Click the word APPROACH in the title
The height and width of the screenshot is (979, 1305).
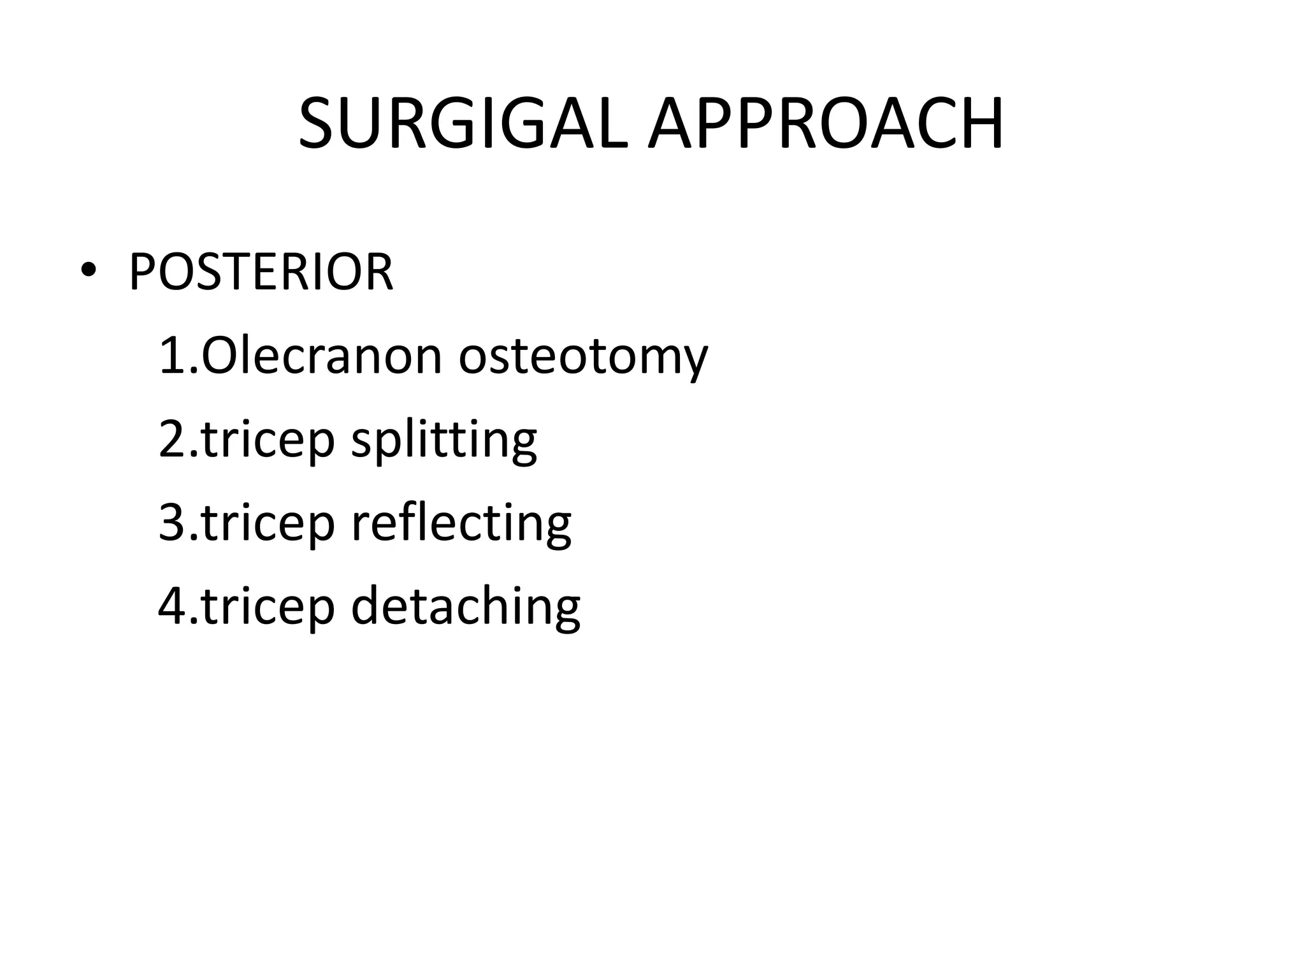point(826,124)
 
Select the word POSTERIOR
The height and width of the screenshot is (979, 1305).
point(261,273)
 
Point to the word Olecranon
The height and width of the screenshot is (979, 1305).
point(322,356)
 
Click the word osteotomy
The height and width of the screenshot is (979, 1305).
point(583,357)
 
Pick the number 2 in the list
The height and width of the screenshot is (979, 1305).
point(172,439)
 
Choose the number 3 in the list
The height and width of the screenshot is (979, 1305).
point(172,523)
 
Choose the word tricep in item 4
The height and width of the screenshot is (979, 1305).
point(268,607)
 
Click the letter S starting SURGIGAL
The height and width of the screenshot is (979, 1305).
point(318,124)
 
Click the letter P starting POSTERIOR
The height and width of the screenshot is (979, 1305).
point(143,273)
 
